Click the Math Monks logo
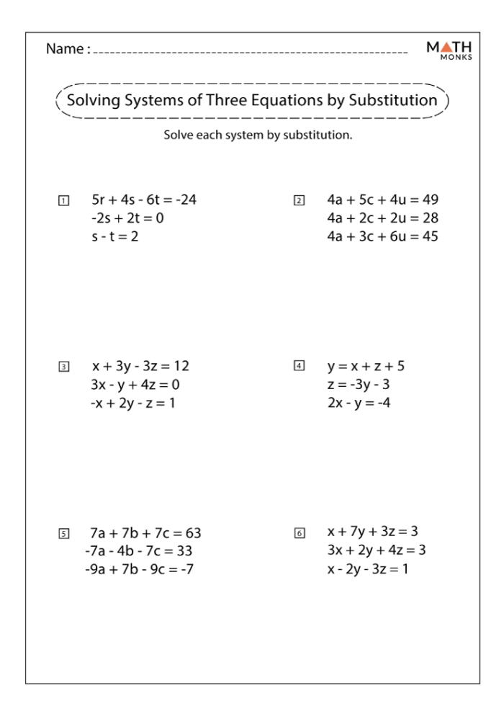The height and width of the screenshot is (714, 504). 449,50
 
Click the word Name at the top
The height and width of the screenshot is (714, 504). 66,50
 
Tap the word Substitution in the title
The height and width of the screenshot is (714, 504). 393,100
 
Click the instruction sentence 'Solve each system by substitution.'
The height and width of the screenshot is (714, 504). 258,135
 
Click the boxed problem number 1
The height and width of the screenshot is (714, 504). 64,200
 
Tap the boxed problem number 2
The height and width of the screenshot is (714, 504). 300,200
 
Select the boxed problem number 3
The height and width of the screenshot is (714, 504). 64,367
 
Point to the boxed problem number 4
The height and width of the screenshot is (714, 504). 300,366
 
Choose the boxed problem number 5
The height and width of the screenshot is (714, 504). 64,534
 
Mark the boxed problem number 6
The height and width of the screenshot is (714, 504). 300,533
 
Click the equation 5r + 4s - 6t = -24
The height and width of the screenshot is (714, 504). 144,200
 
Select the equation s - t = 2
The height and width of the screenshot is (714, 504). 114,236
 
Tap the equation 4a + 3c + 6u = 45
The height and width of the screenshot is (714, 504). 382,236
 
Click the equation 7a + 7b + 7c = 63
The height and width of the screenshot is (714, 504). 145,533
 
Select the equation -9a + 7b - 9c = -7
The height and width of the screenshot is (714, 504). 139,570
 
